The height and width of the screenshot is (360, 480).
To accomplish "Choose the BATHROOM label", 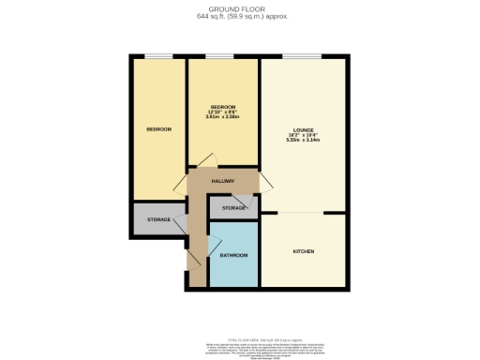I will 233,255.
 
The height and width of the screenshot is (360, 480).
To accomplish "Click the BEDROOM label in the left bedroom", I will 158,128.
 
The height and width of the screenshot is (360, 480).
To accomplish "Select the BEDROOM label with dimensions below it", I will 222,106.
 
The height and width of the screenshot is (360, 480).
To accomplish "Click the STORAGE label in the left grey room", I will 158,219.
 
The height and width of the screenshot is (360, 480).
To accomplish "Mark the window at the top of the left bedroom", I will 158,58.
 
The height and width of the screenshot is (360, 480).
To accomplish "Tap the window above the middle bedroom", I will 220,58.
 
